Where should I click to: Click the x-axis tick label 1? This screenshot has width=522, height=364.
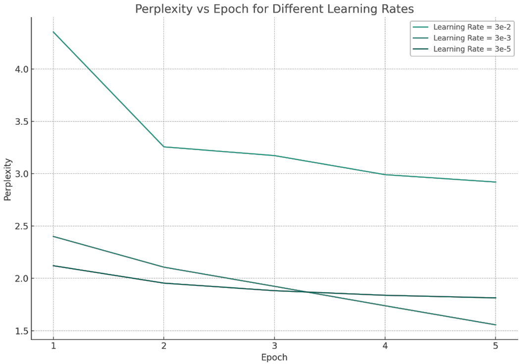pos(53,346)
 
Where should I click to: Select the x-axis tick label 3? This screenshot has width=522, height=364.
pos(274,346)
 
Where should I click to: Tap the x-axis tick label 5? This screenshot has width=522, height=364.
pos(495,346)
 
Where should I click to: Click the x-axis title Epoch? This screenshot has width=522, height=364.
pos(274,357)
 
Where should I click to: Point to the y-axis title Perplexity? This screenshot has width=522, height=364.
pos(7,179)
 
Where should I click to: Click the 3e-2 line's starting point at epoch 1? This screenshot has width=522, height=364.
pos(53,32)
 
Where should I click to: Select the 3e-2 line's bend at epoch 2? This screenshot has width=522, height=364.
pos(163,147)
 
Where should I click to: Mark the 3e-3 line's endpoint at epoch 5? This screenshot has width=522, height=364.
pos(495,325)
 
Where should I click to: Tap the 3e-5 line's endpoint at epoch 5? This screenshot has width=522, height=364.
pos(495,298)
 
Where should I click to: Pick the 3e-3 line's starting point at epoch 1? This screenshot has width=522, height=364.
pos(53,236)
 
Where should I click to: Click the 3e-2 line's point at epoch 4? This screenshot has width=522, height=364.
pos(385,174)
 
